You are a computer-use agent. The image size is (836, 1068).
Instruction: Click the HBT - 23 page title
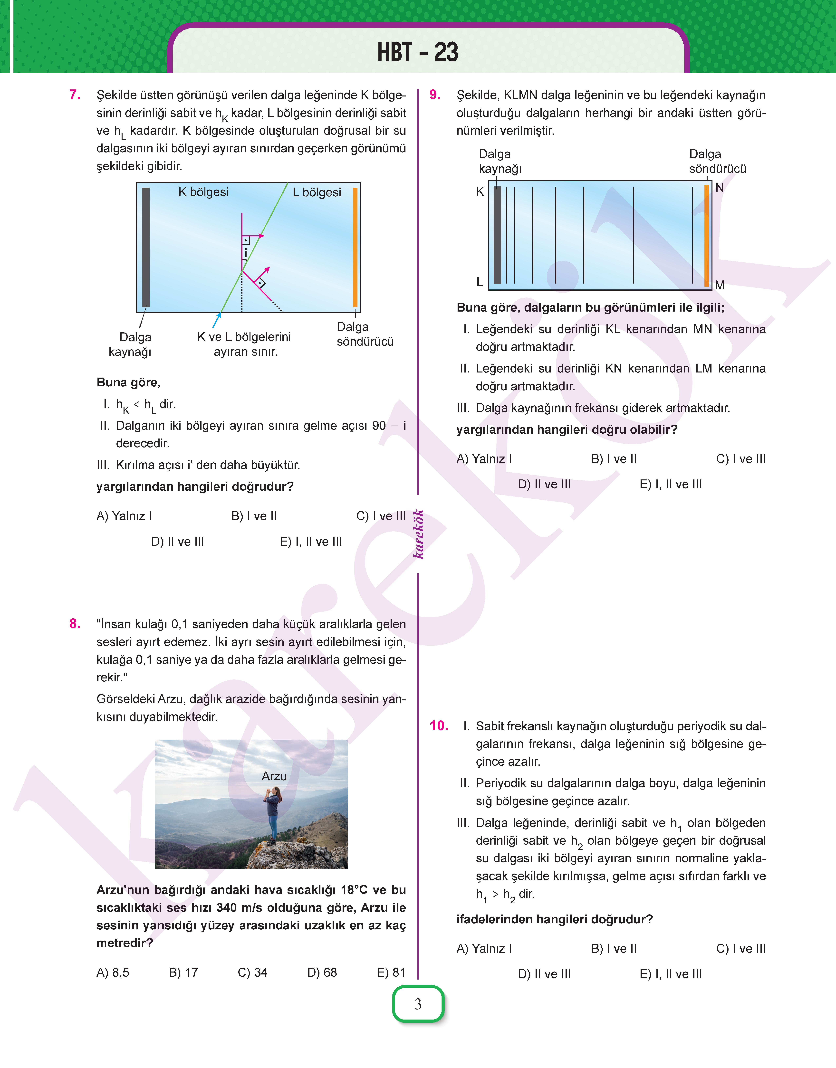pos(418,52)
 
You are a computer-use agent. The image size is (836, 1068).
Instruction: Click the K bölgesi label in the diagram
pos(203,192)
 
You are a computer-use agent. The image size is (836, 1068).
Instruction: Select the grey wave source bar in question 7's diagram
pos(146,247)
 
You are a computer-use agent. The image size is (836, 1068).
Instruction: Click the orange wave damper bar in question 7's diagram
pos(355,247)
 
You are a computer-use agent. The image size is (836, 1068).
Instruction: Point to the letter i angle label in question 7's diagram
pos(246,254)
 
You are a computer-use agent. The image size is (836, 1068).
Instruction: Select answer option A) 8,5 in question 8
pos(113,973)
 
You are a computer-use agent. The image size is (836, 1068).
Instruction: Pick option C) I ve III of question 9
pos(740,459)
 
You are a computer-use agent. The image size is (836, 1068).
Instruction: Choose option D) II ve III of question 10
pos(544,974)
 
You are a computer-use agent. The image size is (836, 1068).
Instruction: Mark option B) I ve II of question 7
pos(254,516)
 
